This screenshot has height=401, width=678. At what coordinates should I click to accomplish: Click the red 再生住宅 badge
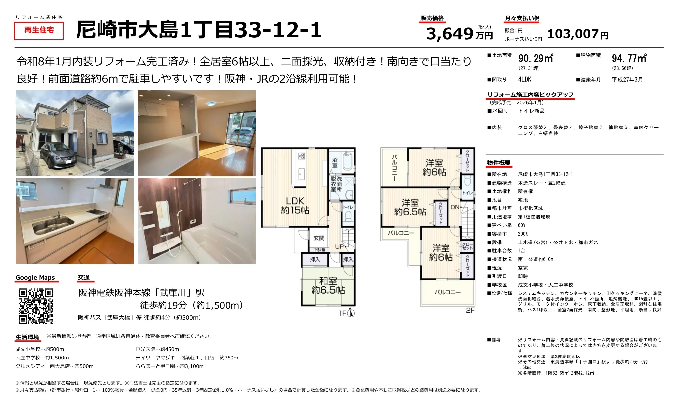(39, 30)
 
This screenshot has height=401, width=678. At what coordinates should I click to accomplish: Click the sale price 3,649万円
(459, 34)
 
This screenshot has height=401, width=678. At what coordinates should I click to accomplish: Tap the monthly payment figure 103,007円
(578, 34)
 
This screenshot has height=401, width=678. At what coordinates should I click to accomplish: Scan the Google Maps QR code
(36, 306)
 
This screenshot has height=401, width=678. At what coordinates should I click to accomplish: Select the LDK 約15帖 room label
(295, 205)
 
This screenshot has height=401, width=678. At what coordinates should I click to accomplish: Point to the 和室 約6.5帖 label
(328, 285)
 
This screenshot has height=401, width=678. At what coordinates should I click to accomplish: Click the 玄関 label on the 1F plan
(319, 238)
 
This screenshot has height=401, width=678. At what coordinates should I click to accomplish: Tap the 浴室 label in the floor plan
(335, 162)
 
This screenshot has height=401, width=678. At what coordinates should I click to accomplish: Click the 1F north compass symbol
(351, 313)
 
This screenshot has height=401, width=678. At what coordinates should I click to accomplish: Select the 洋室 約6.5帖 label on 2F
(410, 207)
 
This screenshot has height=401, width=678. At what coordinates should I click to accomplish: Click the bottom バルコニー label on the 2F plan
(447, 292)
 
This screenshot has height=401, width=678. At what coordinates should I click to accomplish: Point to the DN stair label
(455, 207)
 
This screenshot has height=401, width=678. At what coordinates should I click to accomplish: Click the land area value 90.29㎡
(536, 58)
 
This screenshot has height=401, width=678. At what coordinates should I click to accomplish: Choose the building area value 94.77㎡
(629, 58)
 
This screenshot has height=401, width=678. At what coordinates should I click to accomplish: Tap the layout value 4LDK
(525, 79)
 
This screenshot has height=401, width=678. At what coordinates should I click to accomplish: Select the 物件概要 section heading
(499, 163)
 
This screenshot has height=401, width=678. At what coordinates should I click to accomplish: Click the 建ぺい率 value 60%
(522, 225)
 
